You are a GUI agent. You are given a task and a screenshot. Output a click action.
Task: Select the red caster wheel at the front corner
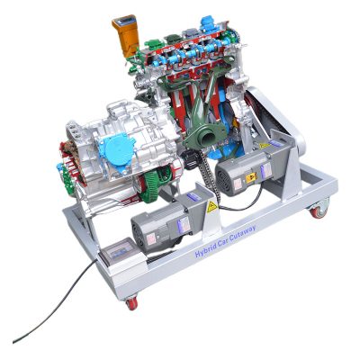[132, 302]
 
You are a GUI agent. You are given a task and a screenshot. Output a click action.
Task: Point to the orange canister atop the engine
[125, 33]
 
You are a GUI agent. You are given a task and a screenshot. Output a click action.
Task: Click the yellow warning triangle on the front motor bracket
[211, 208]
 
